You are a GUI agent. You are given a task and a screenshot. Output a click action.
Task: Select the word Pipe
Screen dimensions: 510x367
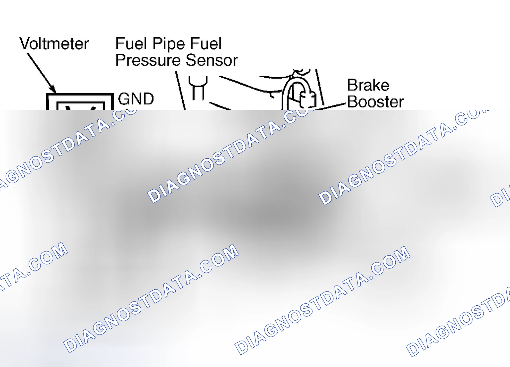coord(169,44)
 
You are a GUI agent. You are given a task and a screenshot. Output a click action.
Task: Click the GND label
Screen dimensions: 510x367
coord(136,99)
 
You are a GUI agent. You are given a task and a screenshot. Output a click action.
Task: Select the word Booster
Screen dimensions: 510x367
coord(376,102)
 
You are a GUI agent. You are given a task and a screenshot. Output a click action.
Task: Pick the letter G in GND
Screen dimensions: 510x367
coord(123,99)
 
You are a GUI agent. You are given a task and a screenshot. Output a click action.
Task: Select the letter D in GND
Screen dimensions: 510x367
coord(148,99)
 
